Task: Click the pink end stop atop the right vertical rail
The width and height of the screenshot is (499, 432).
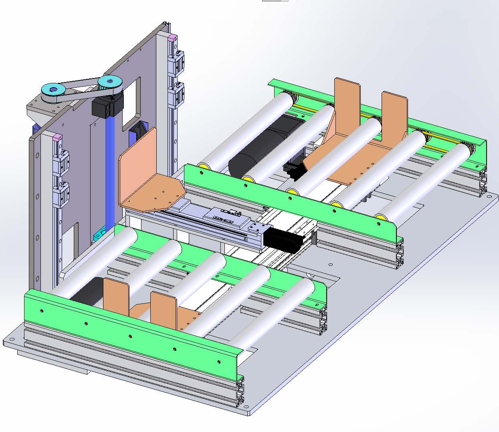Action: pyautogui.click(x=173, y=38)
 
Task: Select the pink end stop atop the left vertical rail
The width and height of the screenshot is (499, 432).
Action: pyautogui.click(x=57, y=138)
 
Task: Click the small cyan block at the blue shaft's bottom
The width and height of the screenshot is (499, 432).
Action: pyautogui.click(x=99, y=235)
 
